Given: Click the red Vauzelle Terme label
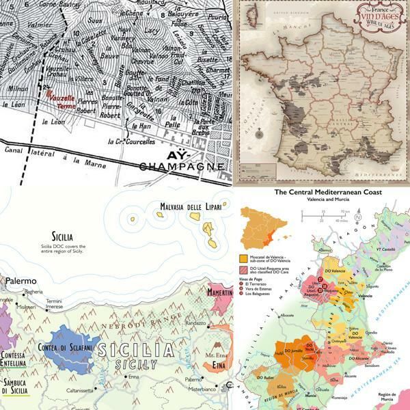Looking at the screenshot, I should [59, 101].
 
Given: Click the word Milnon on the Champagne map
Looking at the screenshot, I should [15, 88].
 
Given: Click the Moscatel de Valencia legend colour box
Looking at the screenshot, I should [243, 259].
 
